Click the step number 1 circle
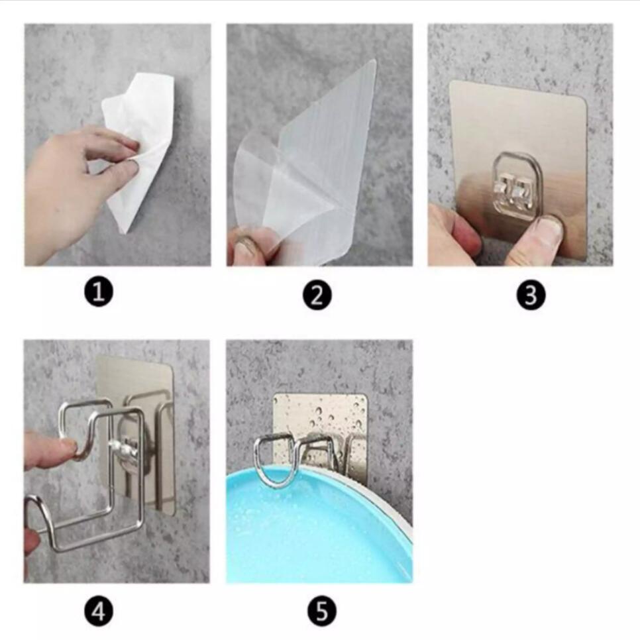point(99,292)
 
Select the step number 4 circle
point(99,611)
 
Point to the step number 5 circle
point(322,612)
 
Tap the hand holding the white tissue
point(73,179)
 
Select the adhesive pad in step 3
point(517,133)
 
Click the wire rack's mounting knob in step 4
point(126,451)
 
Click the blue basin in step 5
point(311,530)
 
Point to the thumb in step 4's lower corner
point(30,540)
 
